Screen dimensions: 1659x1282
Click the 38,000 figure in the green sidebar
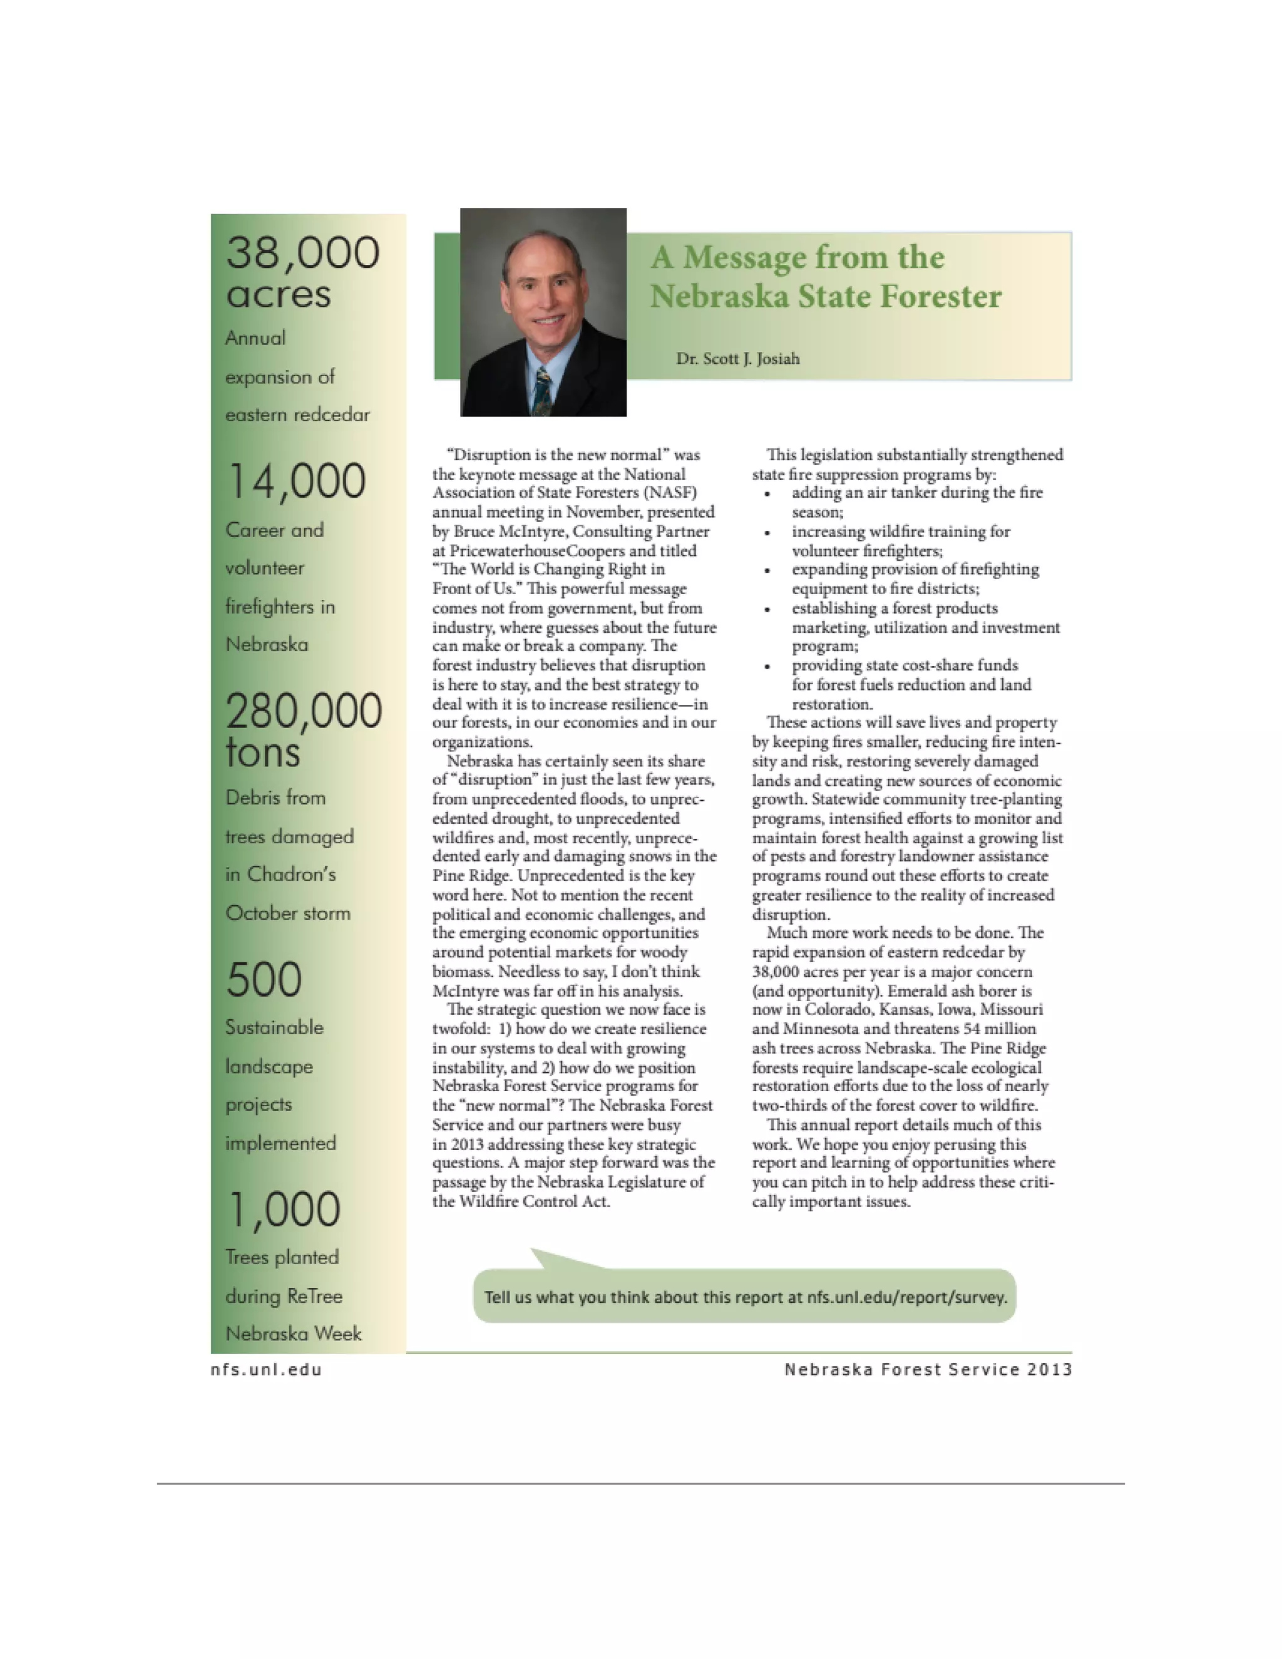(302, 253)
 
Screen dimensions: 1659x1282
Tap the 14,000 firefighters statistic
(296, 481)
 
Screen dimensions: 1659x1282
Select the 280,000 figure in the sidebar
(303, 712)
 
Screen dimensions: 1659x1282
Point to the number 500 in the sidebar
(264, 979)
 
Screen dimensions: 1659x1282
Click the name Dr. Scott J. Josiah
(737, 359)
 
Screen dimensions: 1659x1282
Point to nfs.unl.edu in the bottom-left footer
(266, 1370)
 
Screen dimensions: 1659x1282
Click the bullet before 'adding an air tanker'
(768, 495)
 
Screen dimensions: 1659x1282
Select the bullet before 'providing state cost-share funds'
(768, 667)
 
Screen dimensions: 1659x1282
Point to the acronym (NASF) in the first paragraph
(669, 493)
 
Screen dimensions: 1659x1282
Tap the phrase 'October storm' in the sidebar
(288, 913)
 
